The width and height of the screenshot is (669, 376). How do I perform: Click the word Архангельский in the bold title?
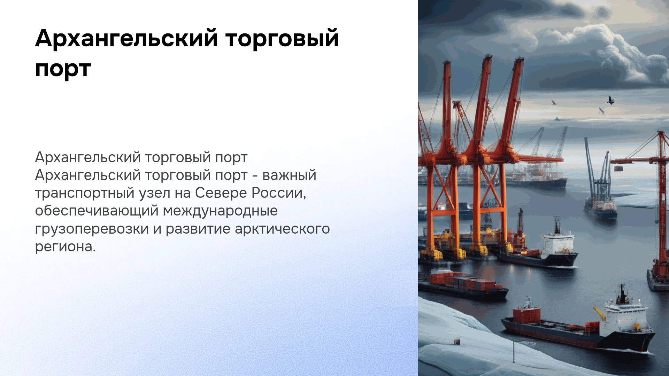tap(126, 39)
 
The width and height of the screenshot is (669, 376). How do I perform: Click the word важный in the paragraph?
tap(289, 175)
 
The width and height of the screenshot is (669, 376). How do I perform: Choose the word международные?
tap(220, 211)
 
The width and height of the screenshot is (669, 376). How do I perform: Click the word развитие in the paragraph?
tap(198, 229)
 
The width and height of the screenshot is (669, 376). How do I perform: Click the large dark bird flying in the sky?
tap(610, 100)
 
